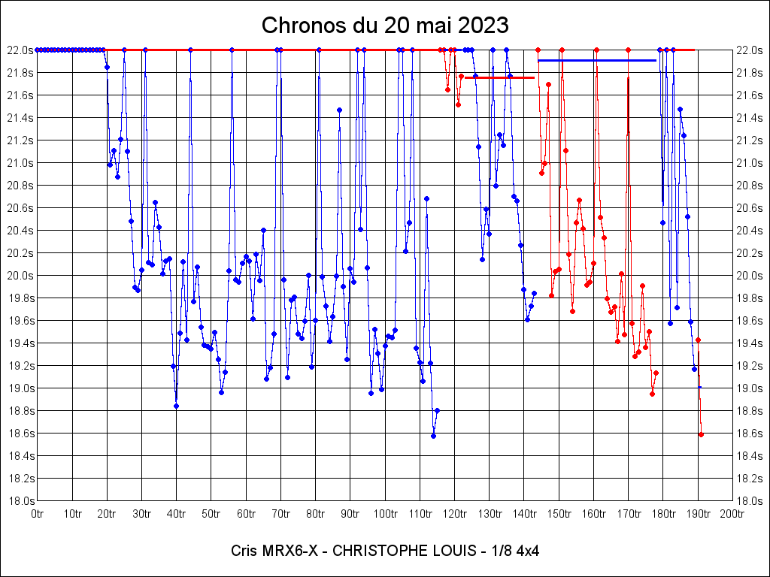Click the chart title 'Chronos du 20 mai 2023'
pyautogui.click(x=385, y=26)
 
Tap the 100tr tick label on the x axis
pyautogui.click(x=385, y=514)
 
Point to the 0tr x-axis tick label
pyautogui.click(x=38, y=514)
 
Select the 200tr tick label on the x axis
pyautogui.click(x=732, y=514)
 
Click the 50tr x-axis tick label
pyautogui.click(x=211, y=514)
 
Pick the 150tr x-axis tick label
pyautogui.click(x=559, y=514)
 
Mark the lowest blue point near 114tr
pyautogui.click(x=433, y=436)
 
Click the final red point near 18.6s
pyautogui.click(x=701, y=434)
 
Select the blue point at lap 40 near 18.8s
pyautogui.click(x=176, y=406)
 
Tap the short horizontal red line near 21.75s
pyautogui.click(x=499, y=77)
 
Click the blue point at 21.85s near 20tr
pyautogui.click(x=107, y=67)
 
